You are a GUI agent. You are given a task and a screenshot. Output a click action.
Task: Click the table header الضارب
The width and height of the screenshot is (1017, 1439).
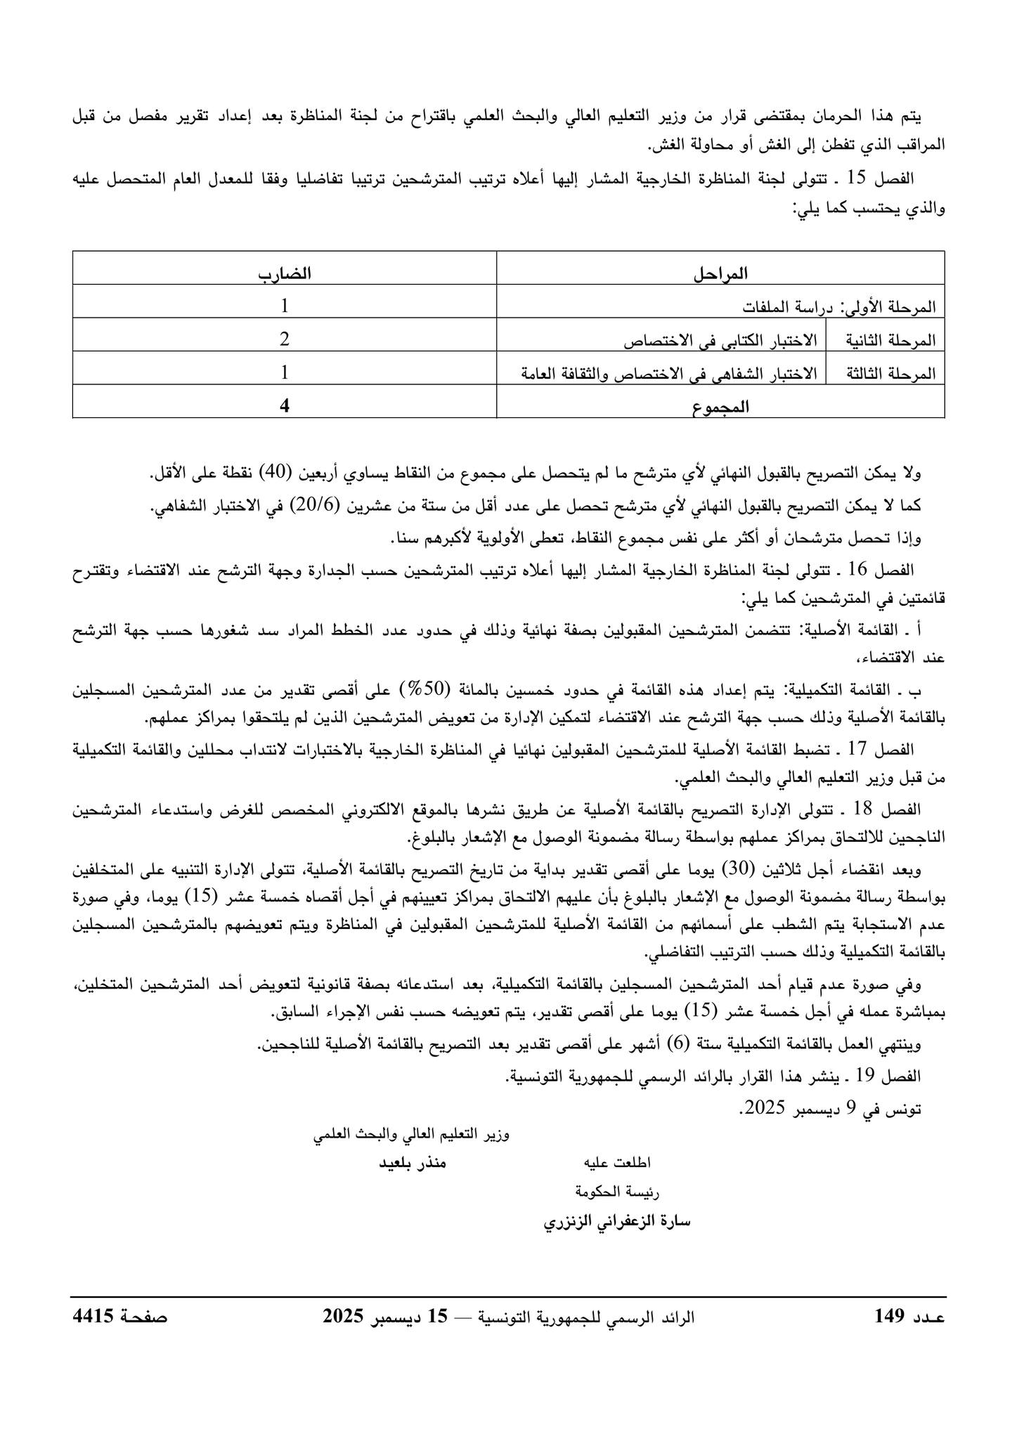(x=285, y=273)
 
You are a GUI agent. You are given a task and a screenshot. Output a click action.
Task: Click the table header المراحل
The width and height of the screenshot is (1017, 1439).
(x=720, y=273)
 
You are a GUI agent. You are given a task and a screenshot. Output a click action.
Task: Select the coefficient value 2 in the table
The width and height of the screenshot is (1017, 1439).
(x=285, y=339)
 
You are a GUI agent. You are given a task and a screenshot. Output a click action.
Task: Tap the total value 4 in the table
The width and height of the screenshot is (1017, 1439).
(x=285, y=406)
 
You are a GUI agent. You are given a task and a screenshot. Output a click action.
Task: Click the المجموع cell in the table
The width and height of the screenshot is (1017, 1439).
(x=720, y=407)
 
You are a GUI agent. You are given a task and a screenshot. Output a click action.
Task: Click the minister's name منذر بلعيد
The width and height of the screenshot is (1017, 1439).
(x=413, y=1163)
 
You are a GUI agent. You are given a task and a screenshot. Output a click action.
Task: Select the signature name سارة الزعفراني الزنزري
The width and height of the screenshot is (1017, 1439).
(x=618, y=1221)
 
